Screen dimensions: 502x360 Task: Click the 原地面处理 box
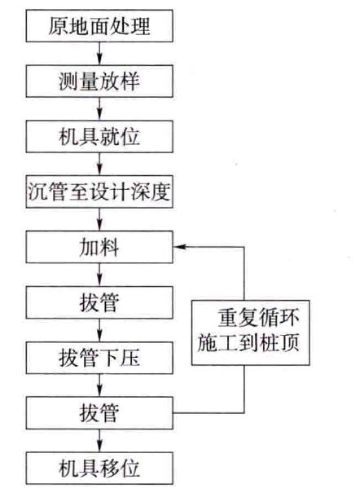[x=100, y=26]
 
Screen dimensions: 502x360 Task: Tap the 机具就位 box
[x=100, y=136]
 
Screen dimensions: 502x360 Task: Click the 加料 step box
[x=100, y=248]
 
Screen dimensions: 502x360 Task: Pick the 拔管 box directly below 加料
[x=100, y=303]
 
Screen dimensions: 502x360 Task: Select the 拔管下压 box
[x=100, y=359]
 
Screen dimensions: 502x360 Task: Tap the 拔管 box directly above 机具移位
[x=100, y=413]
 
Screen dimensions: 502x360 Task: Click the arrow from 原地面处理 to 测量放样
[x=100, y=53]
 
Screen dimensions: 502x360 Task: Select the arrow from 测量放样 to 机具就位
[x=100, y=108]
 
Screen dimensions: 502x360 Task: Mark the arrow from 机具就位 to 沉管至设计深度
[x=100, y=164]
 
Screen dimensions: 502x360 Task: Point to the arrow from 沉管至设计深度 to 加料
[x=100, y=220]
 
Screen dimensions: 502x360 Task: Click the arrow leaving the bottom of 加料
[x=100, y=275]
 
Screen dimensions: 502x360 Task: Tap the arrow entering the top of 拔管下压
[x=100, y=331]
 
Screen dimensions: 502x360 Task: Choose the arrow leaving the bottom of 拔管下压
[x=100, y=386]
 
